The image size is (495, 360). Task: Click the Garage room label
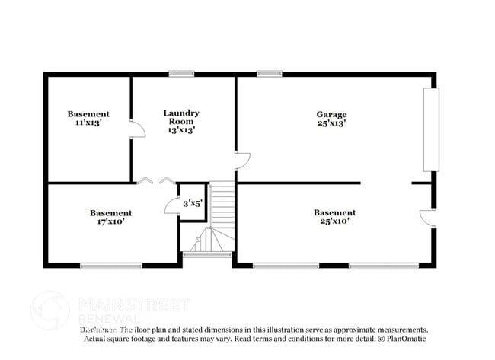(332, 114)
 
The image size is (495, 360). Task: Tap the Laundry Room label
(181, 117)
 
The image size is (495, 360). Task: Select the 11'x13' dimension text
(88, 123)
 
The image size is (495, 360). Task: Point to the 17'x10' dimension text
(110, 222)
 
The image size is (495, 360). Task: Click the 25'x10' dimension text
(334, 221)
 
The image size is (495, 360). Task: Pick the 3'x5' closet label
(193, 203)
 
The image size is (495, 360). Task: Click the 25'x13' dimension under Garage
(332, 123)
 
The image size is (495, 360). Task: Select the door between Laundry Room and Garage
(242, 160)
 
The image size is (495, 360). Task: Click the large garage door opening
(431, 129)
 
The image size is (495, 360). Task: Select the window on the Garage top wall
(270, 74)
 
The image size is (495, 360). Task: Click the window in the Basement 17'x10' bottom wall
(111, 265)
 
